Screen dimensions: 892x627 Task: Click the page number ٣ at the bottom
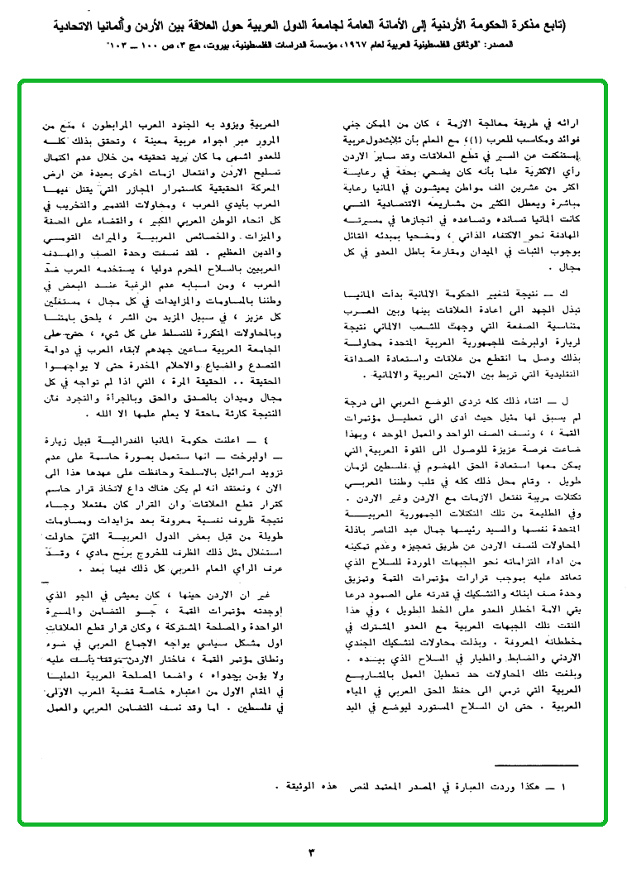click(312, 852)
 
